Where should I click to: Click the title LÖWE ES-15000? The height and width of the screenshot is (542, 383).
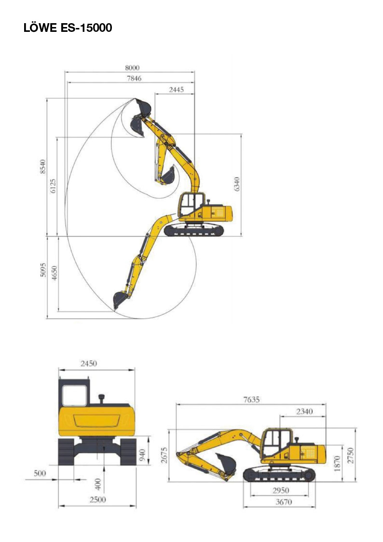coord(68,28)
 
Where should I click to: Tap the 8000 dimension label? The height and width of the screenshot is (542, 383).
coord(132,68)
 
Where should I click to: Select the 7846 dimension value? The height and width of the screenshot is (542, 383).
coord(134,79)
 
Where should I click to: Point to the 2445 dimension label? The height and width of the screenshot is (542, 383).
coord(176,89)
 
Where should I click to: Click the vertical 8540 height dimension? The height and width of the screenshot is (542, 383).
coord(42,167)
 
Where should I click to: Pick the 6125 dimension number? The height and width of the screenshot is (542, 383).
coord(53,186)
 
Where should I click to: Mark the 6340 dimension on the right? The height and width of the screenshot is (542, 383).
coord(236,184)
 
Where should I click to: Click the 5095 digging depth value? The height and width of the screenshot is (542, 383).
coord(43,270)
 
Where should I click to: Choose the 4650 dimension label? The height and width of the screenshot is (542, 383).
coord(54,273)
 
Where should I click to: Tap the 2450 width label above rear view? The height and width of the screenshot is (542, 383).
coord(89,363)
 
